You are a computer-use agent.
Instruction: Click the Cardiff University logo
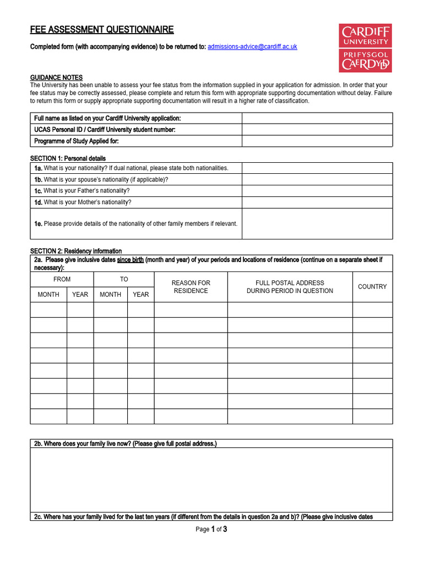[x=365, y=47]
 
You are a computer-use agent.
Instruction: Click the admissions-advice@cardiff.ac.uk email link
[x=252, y=47]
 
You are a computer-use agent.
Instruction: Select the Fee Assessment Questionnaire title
[x=102, y=30]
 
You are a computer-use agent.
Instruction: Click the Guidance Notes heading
[x=56, y=78]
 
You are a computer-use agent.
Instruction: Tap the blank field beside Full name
[x=317, y=119]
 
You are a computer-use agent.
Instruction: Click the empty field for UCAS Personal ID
[x=317, y=130]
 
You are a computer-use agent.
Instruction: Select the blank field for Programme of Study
[x=317, y=141]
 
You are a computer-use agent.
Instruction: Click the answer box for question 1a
[x=317, y=168]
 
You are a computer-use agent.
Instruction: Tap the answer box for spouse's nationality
[x=317, y=180]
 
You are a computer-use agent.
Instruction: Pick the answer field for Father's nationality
[x=317, y=191]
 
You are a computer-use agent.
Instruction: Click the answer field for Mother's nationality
[x=317, y=202]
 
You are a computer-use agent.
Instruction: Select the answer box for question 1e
[x=317, y=223]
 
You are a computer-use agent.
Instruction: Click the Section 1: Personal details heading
[x=68, y=158]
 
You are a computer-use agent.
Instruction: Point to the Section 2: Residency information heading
[x=76, y=251]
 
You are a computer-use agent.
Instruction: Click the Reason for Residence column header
[x=191, y=287]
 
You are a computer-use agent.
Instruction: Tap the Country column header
[x=372, y=287]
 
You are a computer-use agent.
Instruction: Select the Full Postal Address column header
[x=290, y=287]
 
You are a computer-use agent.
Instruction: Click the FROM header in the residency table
[x=62, y=279]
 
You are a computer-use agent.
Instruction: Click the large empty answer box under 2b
[x=211, y=479]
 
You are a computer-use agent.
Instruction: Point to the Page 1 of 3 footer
[x=211, y=530]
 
